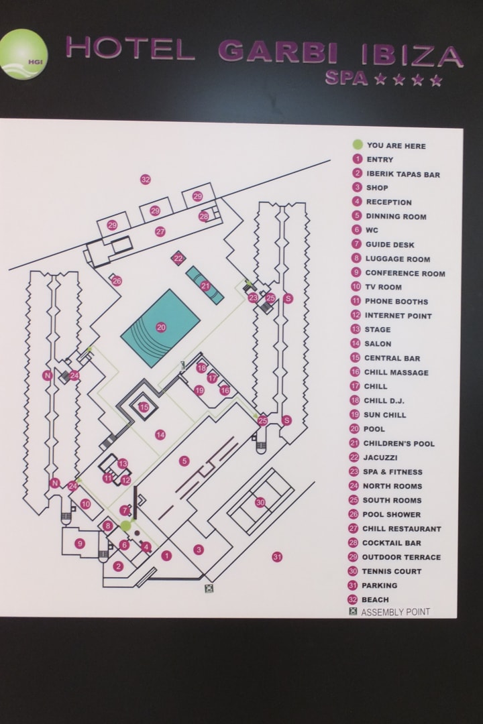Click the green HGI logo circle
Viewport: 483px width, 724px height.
[x=23, y=54]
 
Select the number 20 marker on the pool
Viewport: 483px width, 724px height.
[x=161, y=327]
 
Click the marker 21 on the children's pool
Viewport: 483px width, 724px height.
[x=205, y=286]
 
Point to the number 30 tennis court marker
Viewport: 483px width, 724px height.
[x=260, y=501]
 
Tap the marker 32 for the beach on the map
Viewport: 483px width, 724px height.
[x=145, y=179]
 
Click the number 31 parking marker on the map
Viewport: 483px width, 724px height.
[x=276, y=556]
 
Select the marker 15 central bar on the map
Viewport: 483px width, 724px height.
[x=144, y=407]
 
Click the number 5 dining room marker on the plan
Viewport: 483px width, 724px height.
[x=184, y=461]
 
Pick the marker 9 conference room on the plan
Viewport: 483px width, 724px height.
[x=80, y=544]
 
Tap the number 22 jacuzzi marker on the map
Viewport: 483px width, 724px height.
[x=178, y=258]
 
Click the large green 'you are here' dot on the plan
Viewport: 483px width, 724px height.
[x=125, y=526]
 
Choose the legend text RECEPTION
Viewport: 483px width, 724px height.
[x=388, y=202]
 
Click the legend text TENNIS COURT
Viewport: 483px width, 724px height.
[x=392, y=571]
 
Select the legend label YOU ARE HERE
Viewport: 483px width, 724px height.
[x=396, y=145]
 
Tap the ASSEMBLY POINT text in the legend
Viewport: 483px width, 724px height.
[x=395, y=612]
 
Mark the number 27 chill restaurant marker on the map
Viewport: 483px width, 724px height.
[x=160, y=232]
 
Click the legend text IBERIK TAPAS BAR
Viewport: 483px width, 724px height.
[x=402, y=174]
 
